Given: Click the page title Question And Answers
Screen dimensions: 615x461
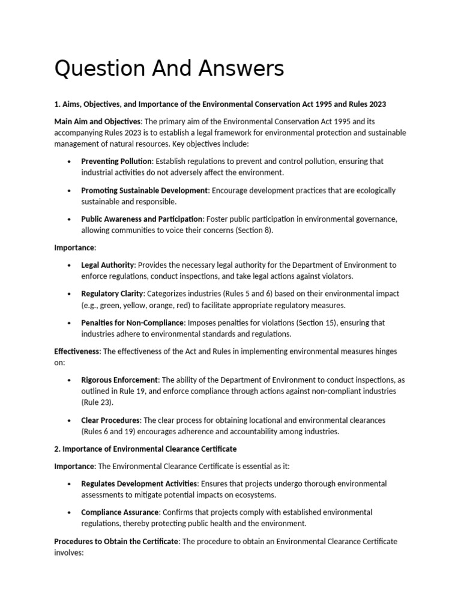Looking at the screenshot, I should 169,70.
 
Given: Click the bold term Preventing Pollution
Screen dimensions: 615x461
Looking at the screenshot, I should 117,162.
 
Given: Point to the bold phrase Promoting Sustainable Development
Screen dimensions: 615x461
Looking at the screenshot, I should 145,190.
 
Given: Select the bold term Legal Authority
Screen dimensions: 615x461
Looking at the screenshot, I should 108,265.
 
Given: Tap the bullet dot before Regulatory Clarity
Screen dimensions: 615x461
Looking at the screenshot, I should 70,294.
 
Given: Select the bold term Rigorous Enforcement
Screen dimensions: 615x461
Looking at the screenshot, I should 119,380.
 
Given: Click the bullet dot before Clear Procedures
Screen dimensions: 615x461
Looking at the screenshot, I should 70,420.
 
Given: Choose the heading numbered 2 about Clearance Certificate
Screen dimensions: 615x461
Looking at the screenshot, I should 145,449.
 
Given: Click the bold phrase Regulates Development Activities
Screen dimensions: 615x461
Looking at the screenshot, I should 139,483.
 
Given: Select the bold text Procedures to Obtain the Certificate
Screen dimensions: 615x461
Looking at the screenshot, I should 116,541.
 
